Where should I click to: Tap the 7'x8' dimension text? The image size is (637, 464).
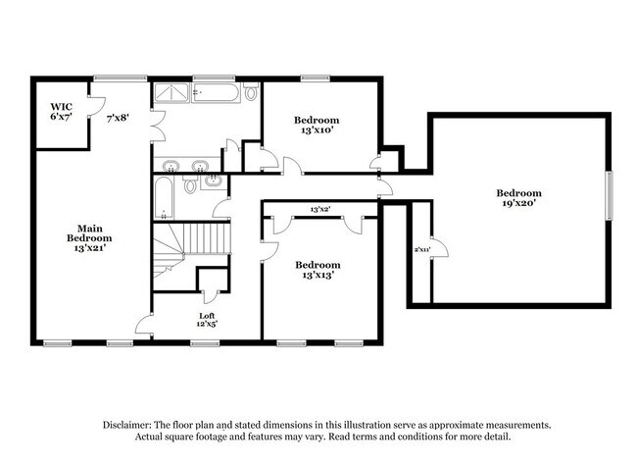[x=120, y=118]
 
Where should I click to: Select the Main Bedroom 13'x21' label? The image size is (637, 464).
[x=88, y=236]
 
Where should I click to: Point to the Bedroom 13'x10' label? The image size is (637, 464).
[x=318, y=124]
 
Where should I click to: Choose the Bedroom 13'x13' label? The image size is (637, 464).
[x=318, y=270]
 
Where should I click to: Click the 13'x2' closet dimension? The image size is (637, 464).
[x=320, y=209]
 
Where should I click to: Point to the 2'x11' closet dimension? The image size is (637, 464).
[x=422, y=251]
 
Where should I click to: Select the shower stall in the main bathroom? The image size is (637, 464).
[x=171, y=93]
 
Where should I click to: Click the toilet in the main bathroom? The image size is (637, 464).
[x=251, y=93]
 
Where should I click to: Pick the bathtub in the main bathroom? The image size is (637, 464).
[x=214, y=93]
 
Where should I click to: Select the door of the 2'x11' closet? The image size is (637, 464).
[x=438, y=250]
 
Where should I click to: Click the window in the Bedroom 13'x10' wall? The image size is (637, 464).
[x=314, y=77]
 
